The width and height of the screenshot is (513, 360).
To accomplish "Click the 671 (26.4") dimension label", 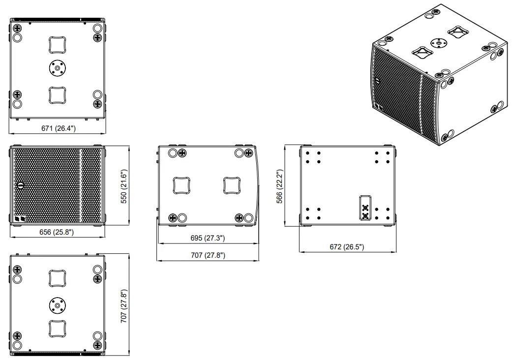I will click(59, 128).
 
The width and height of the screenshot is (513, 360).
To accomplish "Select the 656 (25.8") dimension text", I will click(57, 232).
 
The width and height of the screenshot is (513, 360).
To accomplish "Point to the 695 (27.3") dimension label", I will click(207, 238).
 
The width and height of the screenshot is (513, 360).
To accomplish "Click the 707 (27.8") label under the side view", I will click(207, 255).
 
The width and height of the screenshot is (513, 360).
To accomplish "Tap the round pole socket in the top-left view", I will click(58, 68).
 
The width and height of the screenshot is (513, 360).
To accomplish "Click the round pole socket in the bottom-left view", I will click(58, 305).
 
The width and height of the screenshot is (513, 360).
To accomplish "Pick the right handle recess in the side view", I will click(232, 185).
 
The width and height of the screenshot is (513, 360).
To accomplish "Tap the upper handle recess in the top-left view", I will click(58, 44).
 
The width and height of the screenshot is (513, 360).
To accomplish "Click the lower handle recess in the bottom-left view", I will click(58, 328).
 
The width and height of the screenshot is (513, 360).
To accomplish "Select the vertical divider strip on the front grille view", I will click(80, 185).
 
